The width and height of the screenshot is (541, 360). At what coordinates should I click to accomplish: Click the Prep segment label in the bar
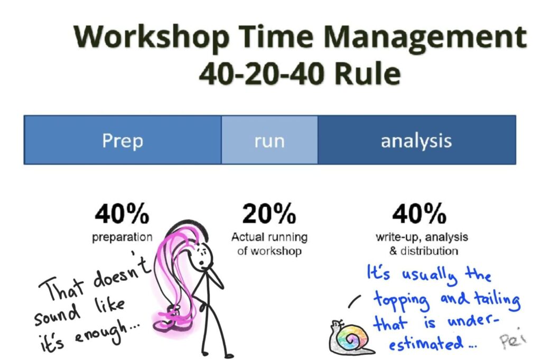pos(123,141)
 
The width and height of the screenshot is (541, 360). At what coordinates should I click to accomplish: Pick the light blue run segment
pos(269,140)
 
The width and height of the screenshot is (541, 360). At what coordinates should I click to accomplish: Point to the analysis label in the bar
pos(416,141)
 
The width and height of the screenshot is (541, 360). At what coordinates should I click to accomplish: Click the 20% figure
pos(269,214)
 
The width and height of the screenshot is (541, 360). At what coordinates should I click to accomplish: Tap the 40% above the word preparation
pos(122,214)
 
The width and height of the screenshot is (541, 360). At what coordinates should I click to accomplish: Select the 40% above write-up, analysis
pos(419,214)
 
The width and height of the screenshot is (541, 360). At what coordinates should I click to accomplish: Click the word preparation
pos(122,238)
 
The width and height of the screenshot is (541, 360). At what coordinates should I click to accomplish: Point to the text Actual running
pos(269,237)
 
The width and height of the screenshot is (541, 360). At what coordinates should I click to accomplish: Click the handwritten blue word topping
pos(402,300)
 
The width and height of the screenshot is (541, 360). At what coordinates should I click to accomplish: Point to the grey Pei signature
pos(512,339)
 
